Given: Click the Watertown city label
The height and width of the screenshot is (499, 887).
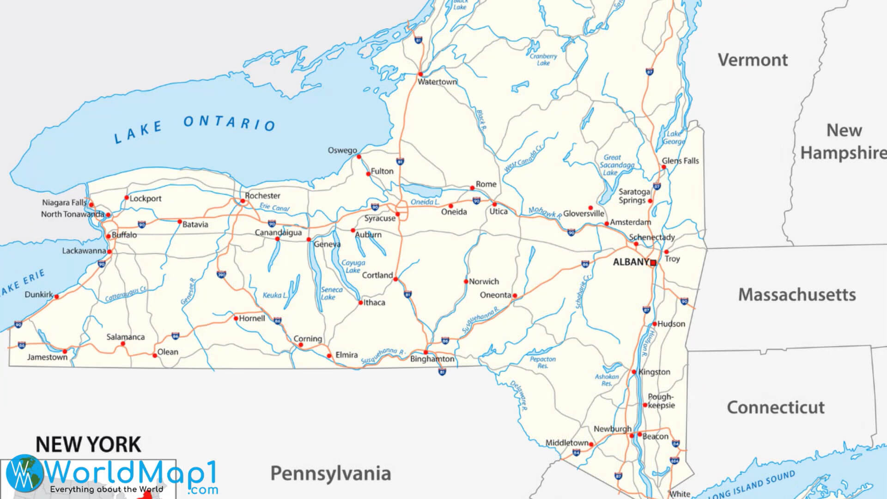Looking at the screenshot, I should (x=437, y=82).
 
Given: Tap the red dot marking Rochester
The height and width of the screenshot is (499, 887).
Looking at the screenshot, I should (x=243, y=201).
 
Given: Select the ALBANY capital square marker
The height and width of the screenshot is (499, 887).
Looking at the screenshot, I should (x=653, y=263).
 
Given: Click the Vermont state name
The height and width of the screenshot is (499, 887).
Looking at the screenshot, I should (x=753, y=60).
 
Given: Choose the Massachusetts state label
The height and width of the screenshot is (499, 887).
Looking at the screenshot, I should (x=797, y=295).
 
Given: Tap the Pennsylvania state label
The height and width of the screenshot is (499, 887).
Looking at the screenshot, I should (x=330, y=474).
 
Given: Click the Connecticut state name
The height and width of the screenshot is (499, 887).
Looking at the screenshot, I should (x=776, y=408).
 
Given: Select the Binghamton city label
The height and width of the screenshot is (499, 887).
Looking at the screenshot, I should (x=432, y=359).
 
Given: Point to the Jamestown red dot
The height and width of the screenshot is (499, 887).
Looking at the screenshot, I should (x=65, y=352).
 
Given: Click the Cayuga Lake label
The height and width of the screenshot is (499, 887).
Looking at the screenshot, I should (x=353, y=267).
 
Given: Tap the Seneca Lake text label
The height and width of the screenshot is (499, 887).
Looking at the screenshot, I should (x=332, y=293).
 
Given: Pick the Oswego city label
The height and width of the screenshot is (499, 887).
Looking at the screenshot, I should (x=342, y=151).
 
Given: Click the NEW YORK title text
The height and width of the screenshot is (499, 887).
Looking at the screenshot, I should (x=88, y=444).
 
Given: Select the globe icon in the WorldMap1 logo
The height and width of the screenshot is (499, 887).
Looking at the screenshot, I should (x=24, y=473).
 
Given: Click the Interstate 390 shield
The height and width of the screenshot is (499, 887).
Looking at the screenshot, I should (x=221, y=275).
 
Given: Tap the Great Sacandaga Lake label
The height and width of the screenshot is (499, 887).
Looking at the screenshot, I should (x=615, y=165).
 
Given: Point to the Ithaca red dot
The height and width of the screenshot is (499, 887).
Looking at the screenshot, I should (x=361, y=303).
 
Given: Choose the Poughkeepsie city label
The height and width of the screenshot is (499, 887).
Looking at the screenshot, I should (x=661, y=401).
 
